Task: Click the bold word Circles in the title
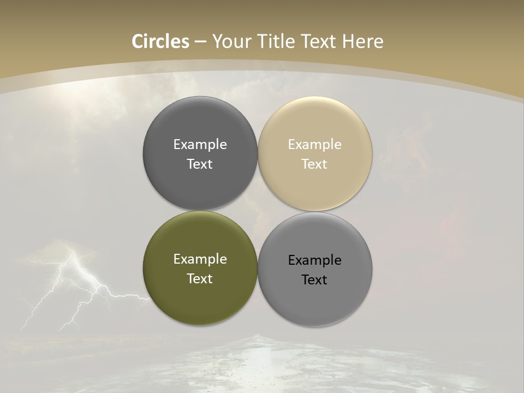(x=160, y=41)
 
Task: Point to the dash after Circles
(x=200, y=42)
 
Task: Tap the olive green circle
(x=200, y=297)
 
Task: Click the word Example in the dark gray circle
(x=200, y=145)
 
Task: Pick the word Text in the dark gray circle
(x=200, y=164)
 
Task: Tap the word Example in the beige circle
(x=315, y=145)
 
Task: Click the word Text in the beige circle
(x=315, y=164)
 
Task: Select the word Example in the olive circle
(x=200, y=259)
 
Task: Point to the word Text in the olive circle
(x=200, y=279)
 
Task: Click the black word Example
(x=315, y=260)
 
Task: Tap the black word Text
(x=315, y=280)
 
